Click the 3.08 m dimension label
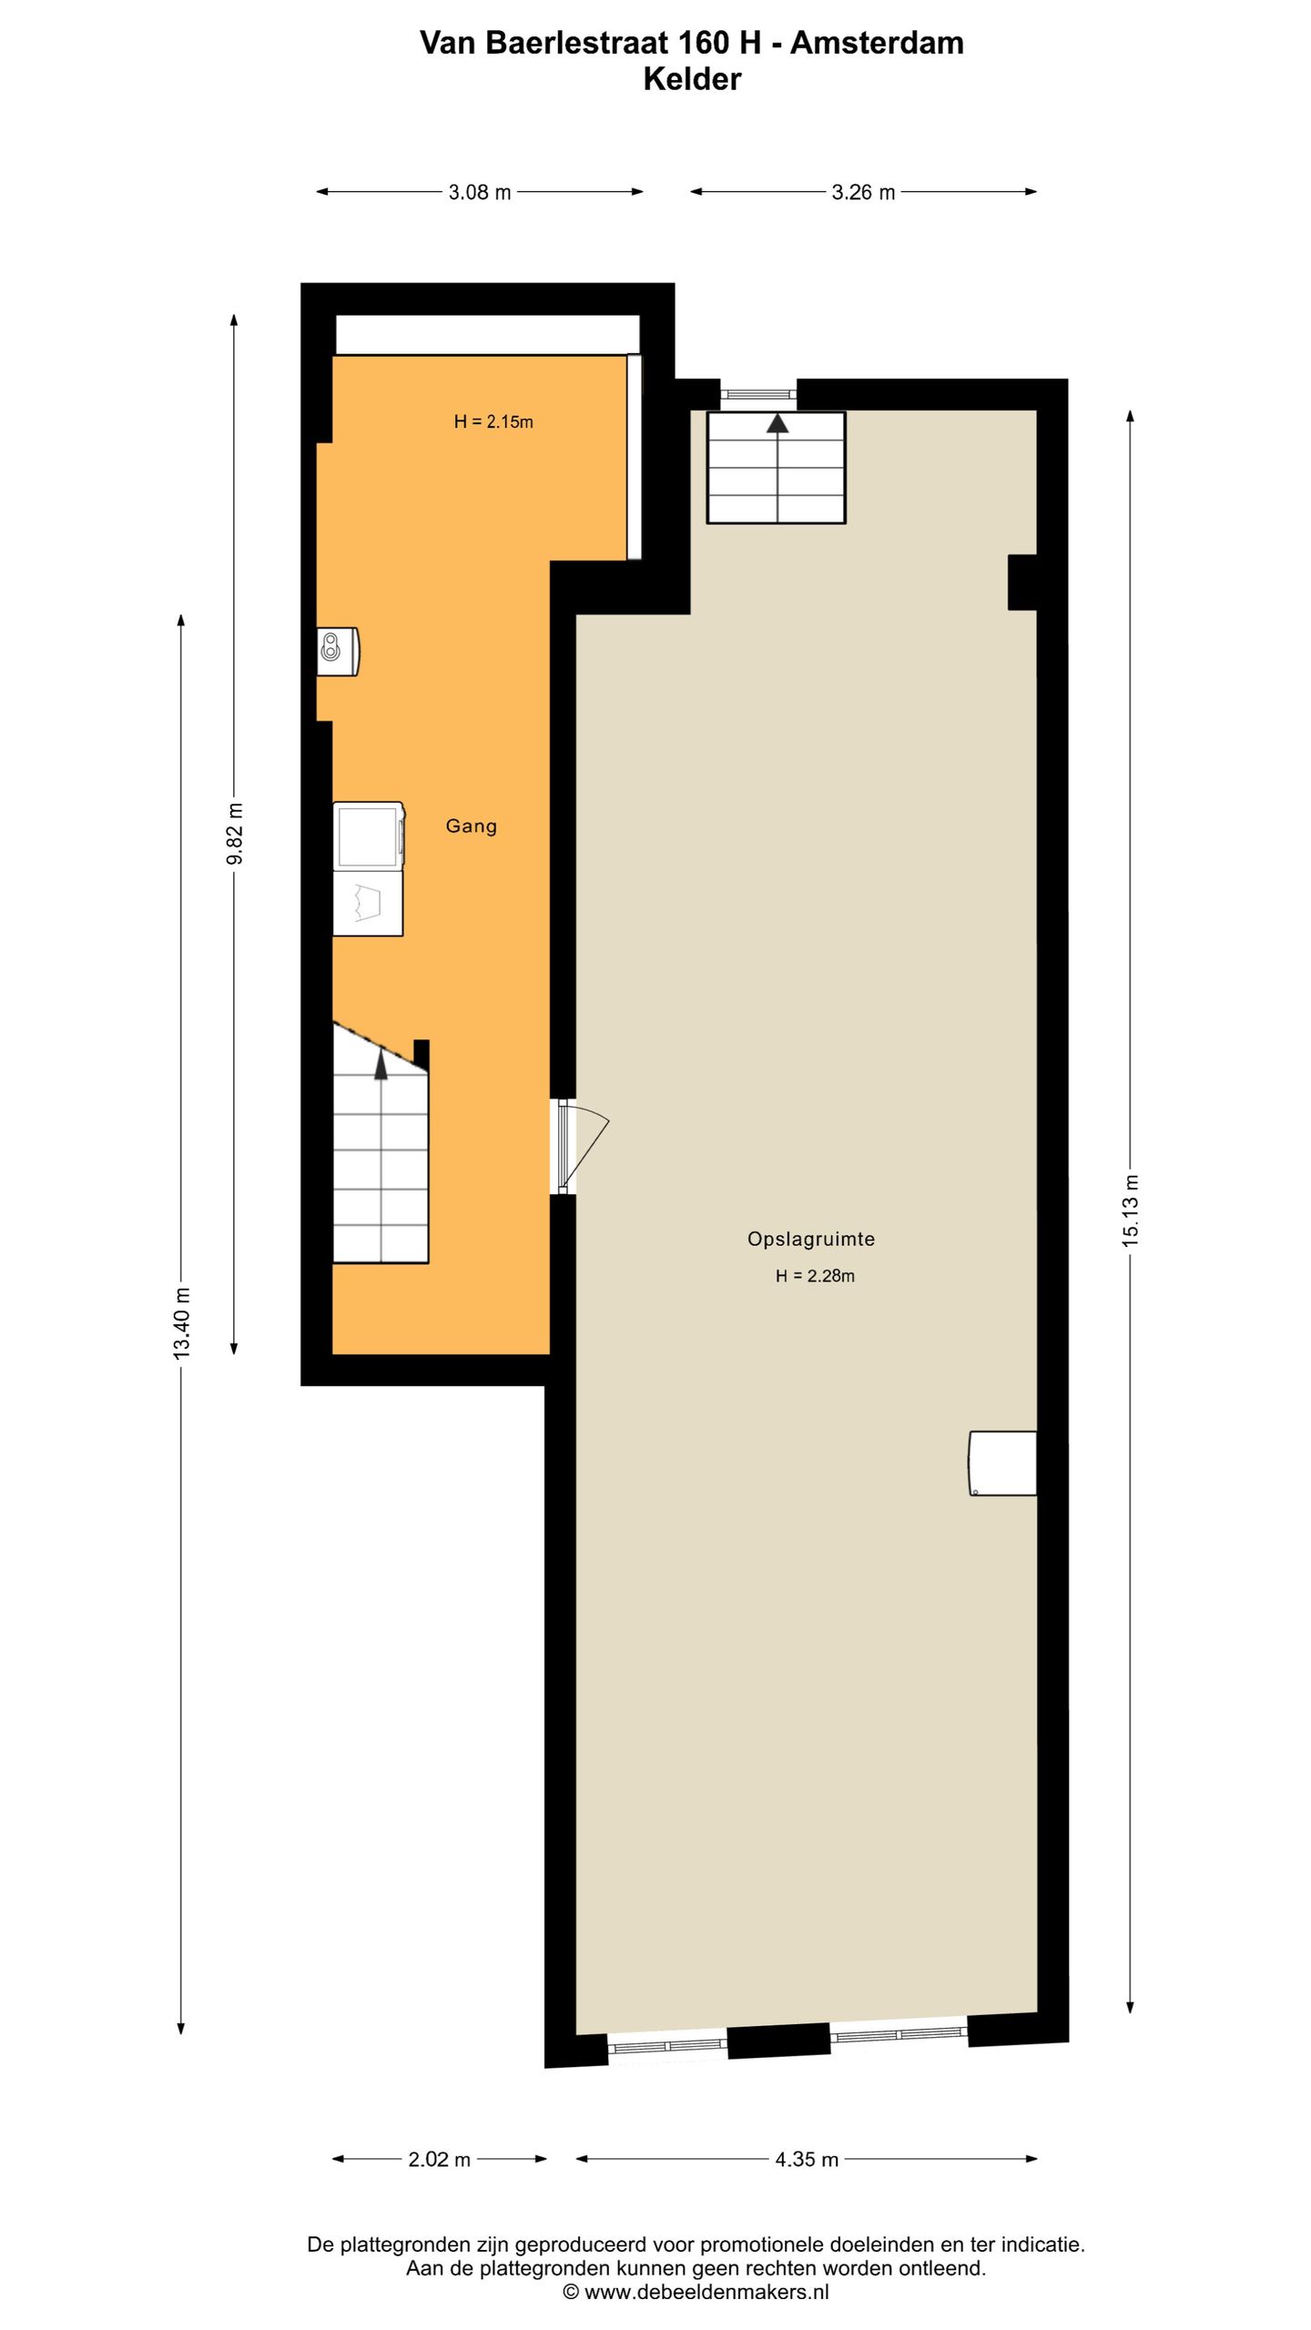coord(480,192)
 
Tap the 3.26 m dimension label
coord(863,192)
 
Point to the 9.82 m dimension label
coord(235,835)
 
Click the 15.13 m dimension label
coord(1131,1210)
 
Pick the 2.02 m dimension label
coord(440,2159)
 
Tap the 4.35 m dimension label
coord(807,2159)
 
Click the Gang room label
coord(472,826)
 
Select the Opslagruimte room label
coord(811,1239)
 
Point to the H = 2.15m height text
coord(493,421)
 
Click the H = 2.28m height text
coord(815,1276)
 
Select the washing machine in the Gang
coord(369,836)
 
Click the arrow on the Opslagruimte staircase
coord(777,423)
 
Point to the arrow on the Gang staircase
coord(381,1065)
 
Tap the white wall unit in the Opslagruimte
coord(1003,1464)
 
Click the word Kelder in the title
coord(692,80)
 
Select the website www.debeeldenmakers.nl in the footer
coord(706,2292)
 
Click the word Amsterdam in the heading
coord(877,43)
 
